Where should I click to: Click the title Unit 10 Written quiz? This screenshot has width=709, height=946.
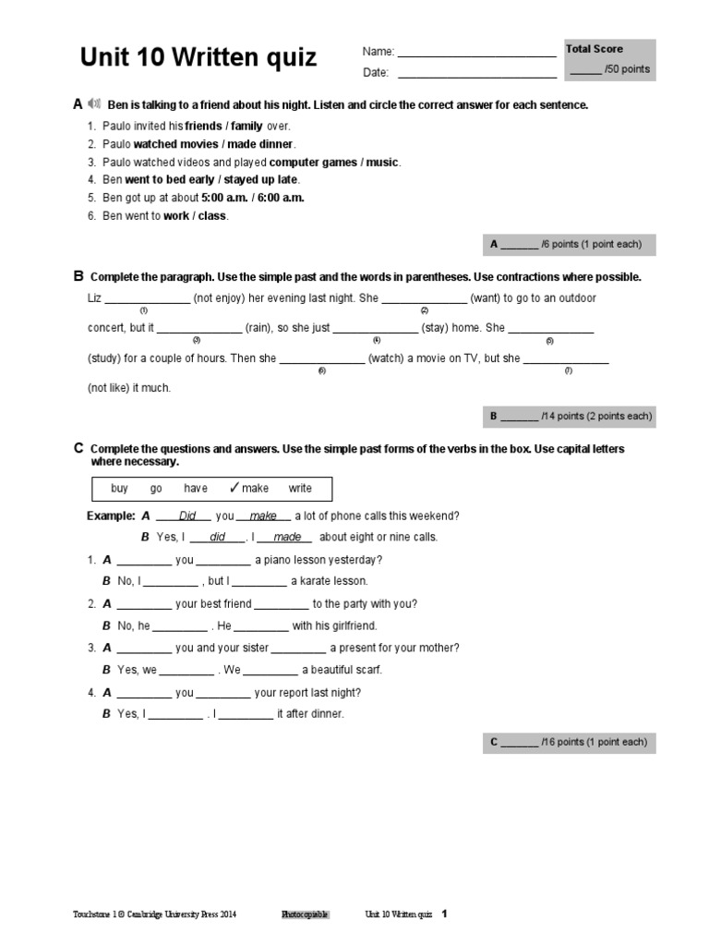pos(198,58)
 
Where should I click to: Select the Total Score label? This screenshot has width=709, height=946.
pos(595,49)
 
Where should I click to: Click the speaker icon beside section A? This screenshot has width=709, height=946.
pos(94,103)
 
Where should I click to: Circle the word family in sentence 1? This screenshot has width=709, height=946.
pos(246,126)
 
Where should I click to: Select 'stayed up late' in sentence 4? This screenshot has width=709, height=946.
pos(262,180)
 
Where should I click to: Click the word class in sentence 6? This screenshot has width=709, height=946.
pos(212,216)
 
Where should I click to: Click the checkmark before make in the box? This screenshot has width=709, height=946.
pos(234,488)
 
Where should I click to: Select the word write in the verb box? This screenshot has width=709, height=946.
pos(300,489)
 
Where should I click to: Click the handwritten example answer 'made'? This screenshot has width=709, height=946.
pos(285,538)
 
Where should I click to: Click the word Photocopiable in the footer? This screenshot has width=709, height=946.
pos(305,915)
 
